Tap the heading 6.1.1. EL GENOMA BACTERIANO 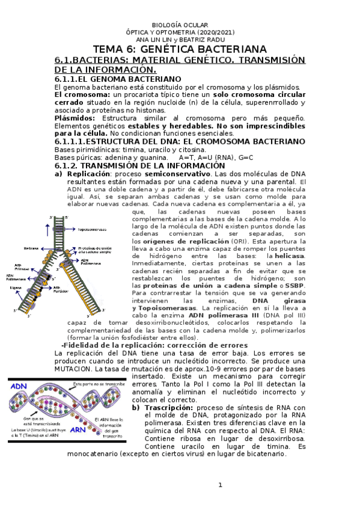click(x=117, y=79)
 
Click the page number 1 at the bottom click(x=220, y=485)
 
